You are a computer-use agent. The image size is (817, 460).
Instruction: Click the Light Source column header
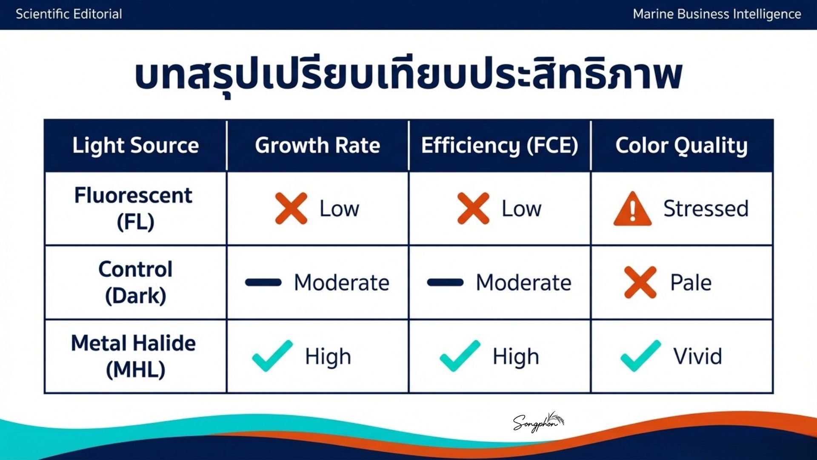[135, 145]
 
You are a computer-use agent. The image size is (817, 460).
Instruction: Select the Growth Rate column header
[317, 145]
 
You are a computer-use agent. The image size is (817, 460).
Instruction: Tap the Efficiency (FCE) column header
[500, 146]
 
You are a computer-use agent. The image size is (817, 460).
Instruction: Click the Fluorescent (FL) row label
[134, 208]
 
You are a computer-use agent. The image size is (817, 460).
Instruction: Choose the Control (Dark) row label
[135, 282]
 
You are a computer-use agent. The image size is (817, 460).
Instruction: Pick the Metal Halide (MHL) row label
[134, 356]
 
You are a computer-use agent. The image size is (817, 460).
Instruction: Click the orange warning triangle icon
[632, 209]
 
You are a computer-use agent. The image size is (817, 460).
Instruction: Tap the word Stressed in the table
[706, 209]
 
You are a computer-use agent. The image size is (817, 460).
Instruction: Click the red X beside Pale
[640, 282]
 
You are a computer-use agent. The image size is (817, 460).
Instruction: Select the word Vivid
[697, 356]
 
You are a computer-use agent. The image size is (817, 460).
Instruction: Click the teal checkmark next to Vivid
[641, 356]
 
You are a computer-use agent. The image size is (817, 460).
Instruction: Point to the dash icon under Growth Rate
[263, 282]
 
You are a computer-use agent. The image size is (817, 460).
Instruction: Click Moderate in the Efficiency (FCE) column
[523, 282]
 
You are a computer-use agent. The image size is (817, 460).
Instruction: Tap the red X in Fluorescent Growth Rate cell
[291, 208]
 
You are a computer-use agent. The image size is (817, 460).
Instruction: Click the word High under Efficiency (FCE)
[516, 357]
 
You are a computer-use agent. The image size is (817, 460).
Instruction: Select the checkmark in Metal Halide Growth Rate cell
[272, 356]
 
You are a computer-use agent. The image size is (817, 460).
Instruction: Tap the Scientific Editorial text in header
[69, 14]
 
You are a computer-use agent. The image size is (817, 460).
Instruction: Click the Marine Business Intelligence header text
[717, 14]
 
